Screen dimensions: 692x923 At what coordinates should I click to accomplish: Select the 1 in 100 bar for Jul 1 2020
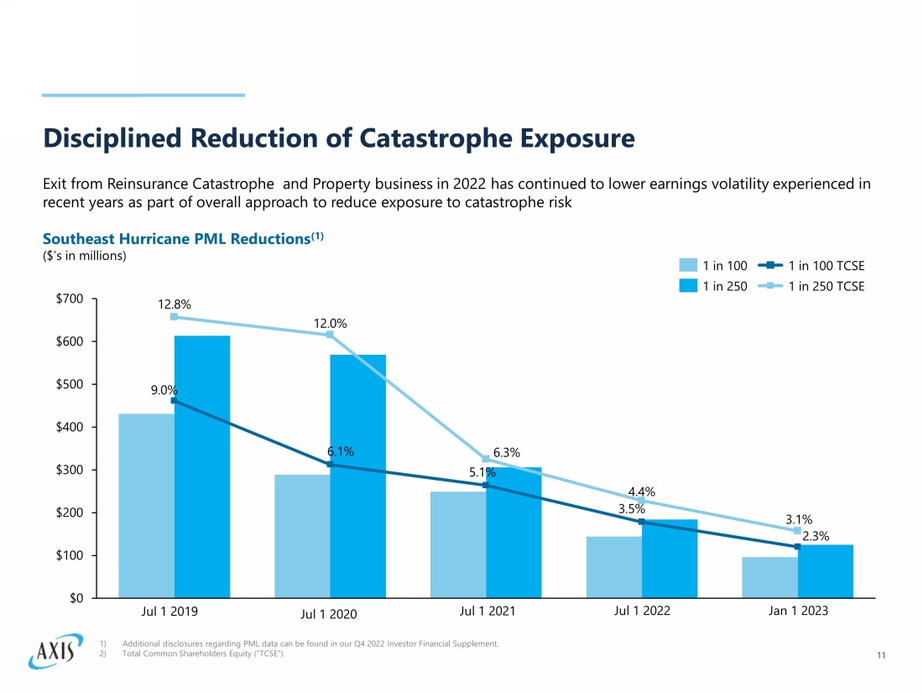302,536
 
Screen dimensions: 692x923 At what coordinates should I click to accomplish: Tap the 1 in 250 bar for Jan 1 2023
826,571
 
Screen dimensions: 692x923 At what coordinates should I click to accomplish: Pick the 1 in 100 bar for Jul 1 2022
614,567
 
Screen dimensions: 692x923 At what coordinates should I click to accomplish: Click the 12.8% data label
175,304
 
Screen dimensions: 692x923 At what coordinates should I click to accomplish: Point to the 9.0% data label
164,390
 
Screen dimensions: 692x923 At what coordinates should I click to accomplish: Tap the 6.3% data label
507,453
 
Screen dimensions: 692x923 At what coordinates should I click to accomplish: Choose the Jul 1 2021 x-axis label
488,611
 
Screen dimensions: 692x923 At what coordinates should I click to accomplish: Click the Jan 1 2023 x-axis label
798,611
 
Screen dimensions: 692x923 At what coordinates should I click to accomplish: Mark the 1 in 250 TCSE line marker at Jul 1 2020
330,335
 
